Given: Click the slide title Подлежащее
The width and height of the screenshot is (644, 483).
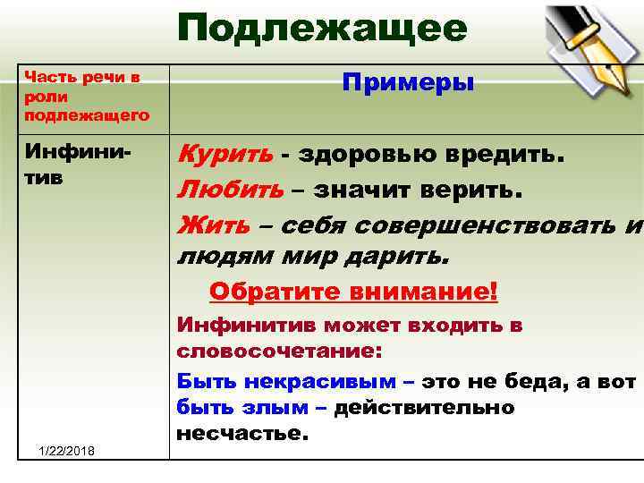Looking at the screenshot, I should (322, 30).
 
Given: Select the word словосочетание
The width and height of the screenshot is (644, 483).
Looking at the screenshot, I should (279, 351).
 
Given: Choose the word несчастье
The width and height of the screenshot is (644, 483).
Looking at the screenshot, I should (241, 435).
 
